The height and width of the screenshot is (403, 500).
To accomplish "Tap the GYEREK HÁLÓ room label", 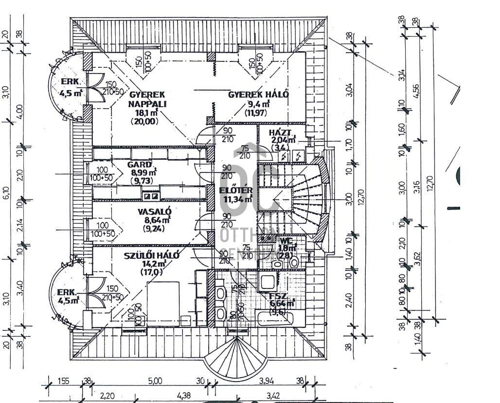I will point(258,95).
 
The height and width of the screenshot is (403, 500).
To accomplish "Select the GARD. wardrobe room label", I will point(140,165).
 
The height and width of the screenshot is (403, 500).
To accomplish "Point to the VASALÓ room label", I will point(154,211).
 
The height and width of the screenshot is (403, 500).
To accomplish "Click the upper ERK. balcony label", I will point(70,82).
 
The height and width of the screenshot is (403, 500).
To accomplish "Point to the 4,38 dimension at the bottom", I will point(183,396).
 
